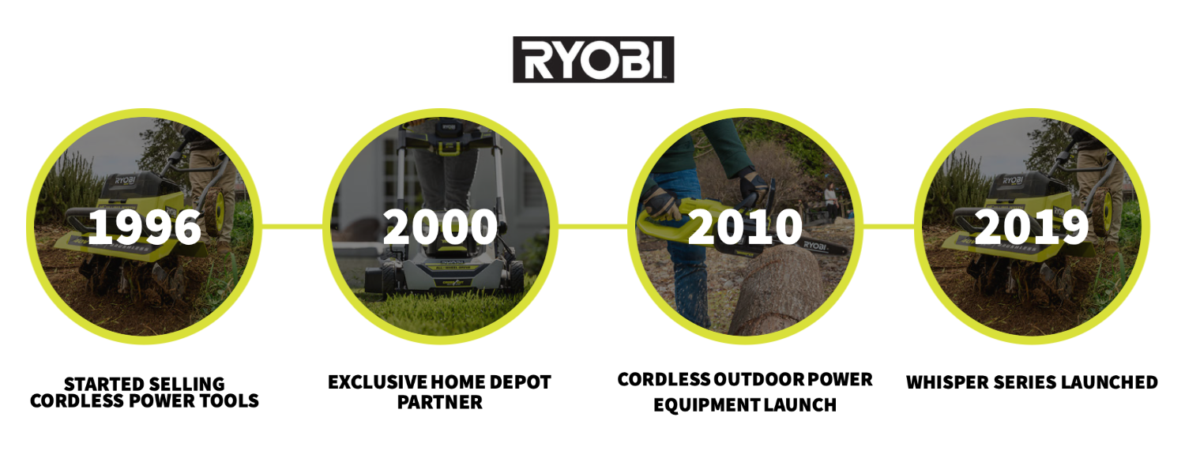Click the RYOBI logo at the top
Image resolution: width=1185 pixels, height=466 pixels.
(593, 59)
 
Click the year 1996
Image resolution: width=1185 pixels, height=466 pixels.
(145, 227)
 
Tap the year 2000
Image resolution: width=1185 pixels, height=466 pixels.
(440, 227)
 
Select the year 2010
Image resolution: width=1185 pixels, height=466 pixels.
(746, 227)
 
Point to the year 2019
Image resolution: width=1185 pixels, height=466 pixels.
(1032, 227)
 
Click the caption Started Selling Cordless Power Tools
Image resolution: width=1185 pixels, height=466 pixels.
(145, 393)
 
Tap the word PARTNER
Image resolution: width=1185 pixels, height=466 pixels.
(439, 403)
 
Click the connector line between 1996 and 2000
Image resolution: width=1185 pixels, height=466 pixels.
(292, 227)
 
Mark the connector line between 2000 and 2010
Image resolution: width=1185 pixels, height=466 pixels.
(593, 227)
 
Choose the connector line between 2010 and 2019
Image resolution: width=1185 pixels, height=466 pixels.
(889, 227)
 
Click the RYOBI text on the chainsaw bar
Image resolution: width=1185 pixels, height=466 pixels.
(815, 246)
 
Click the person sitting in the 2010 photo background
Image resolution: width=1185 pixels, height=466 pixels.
(830, 198)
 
